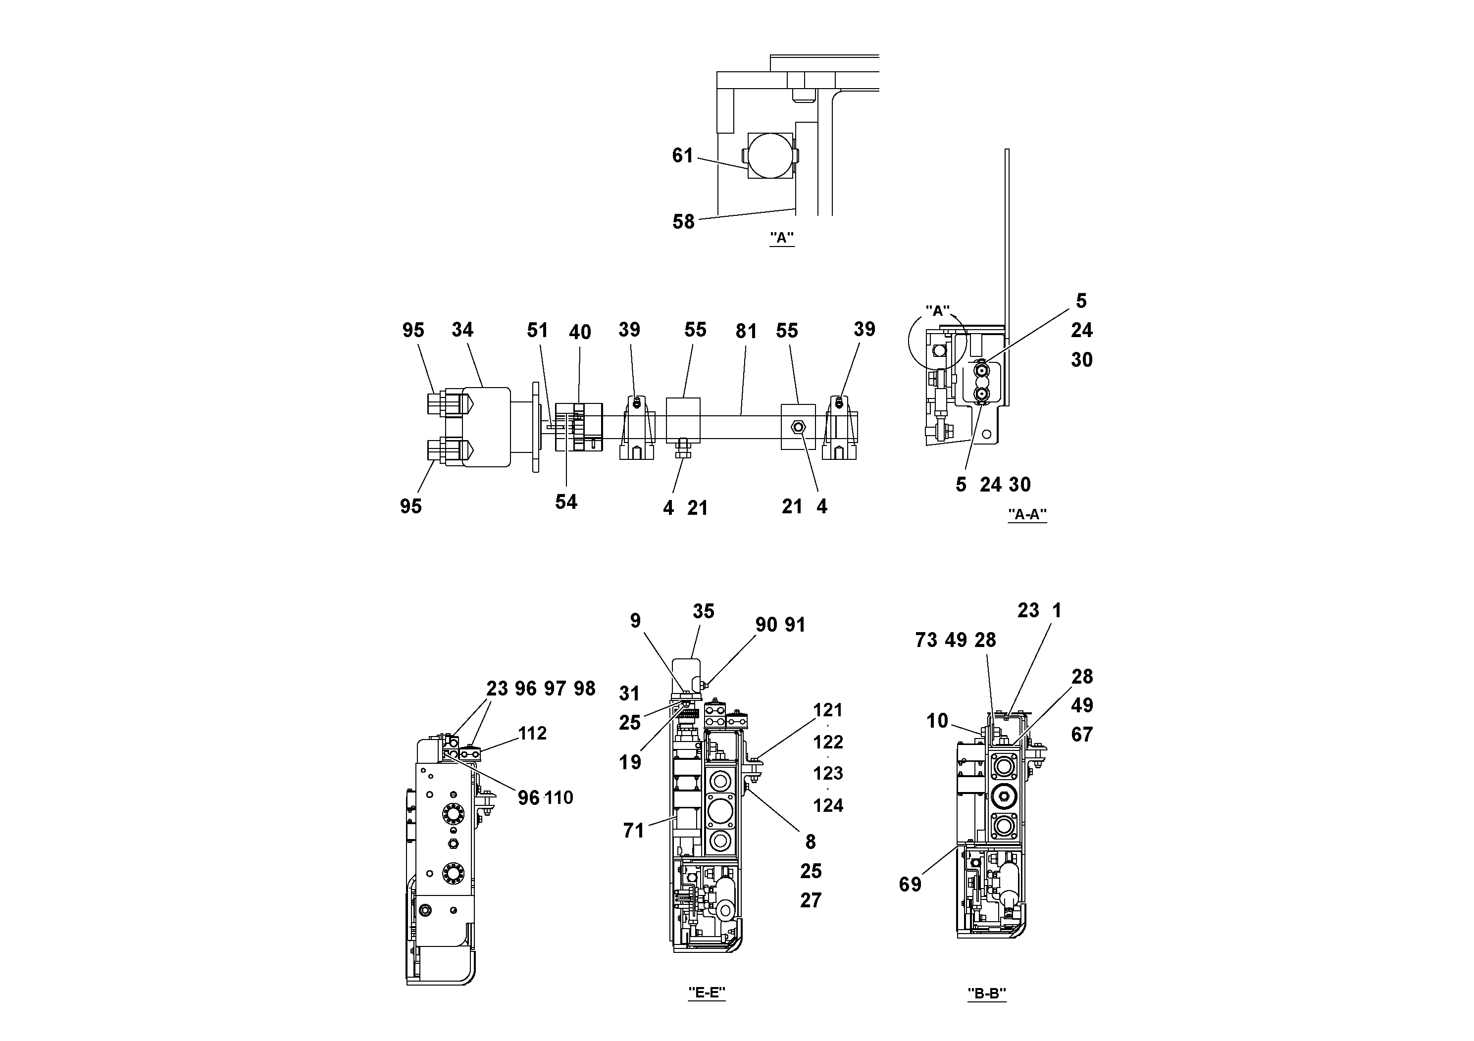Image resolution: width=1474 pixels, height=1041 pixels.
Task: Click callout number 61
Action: tap(682, 155)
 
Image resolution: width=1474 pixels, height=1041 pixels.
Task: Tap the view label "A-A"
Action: tap(1027, 514)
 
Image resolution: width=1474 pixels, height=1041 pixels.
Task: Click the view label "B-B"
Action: tap(987, 993)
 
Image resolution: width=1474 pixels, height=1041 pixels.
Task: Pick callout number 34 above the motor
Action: tap(462, 330)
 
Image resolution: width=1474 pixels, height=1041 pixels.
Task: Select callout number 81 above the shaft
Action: tap(746, 331)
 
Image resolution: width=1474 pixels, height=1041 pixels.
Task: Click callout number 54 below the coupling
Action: tap(566, 502)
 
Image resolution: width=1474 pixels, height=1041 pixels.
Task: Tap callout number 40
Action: tap(580, 333)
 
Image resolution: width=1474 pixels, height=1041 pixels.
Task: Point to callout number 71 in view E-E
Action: tap(633, 831)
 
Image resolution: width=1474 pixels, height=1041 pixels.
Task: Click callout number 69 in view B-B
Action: tap(910, 885)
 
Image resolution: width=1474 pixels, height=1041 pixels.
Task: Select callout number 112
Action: tap(532, 733)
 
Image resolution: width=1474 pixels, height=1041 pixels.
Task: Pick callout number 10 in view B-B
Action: tap(937, 721)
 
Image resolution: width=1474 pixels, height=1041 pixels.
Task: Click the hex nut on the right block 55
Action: tap(799, 427)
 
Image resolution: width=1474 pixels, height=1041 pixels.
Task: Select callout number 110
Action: tap(559, 798)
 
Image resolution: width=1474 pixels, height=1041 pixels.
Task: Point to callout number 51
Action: tap(537, 331)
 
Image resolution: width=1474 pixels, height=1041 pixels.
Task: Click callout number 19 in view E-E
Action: tap(630, 762)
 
